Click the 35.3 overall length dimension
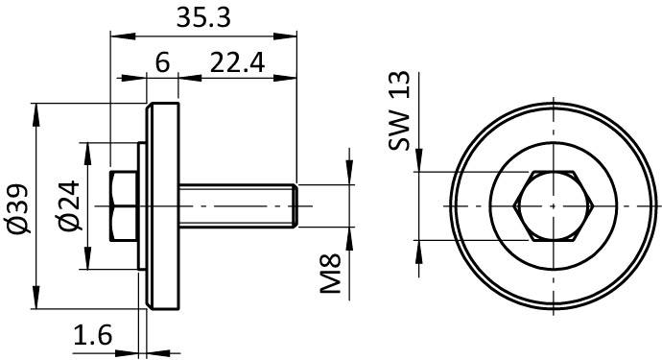[203, 18]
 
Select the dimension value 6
[162, 62]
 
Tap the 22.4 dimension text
[237, 62]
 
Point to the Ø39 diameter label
[19, 208]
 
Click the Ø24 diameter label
[69, 205]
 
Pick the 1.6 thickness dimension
[93, 335]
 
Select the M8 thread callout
[330, 274]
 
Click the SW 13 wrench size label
[399, 110]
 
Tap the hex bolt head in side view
[124, 206]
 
